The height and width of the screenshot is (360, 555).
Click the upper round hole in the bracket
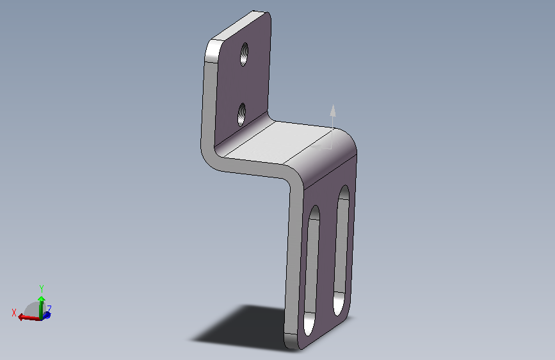pyautogui.click(x=245, y=54)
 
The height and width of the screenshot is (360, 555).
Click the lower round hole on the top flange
pyautogui.click(x=242, y=115)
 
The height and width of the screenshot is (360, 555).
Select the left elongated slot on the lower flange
pyautogui.click(x=312, y=270)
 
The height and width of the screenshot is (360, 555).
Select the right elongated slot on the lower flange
pyautogui.click(x=342, y=250)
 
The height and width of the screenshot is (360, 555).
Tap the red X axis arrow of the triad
pyautogui.click(x=29, y=317)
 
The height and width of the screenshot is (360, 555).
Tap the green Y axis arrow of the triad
pyautogui.click(x=42, y=307)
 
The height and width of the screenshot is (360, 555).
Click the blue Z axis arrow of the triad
pyautogui.click(x=47, y=315)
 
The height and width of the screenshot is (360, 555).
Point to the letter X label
pyautogui.click(x=14, y=313)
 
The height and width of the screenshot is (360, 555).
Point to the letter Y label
pyautogui.click(x=42, y=288)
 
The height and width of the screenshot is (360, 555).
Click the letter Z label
pyautogui.click(x=49, y=308)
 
